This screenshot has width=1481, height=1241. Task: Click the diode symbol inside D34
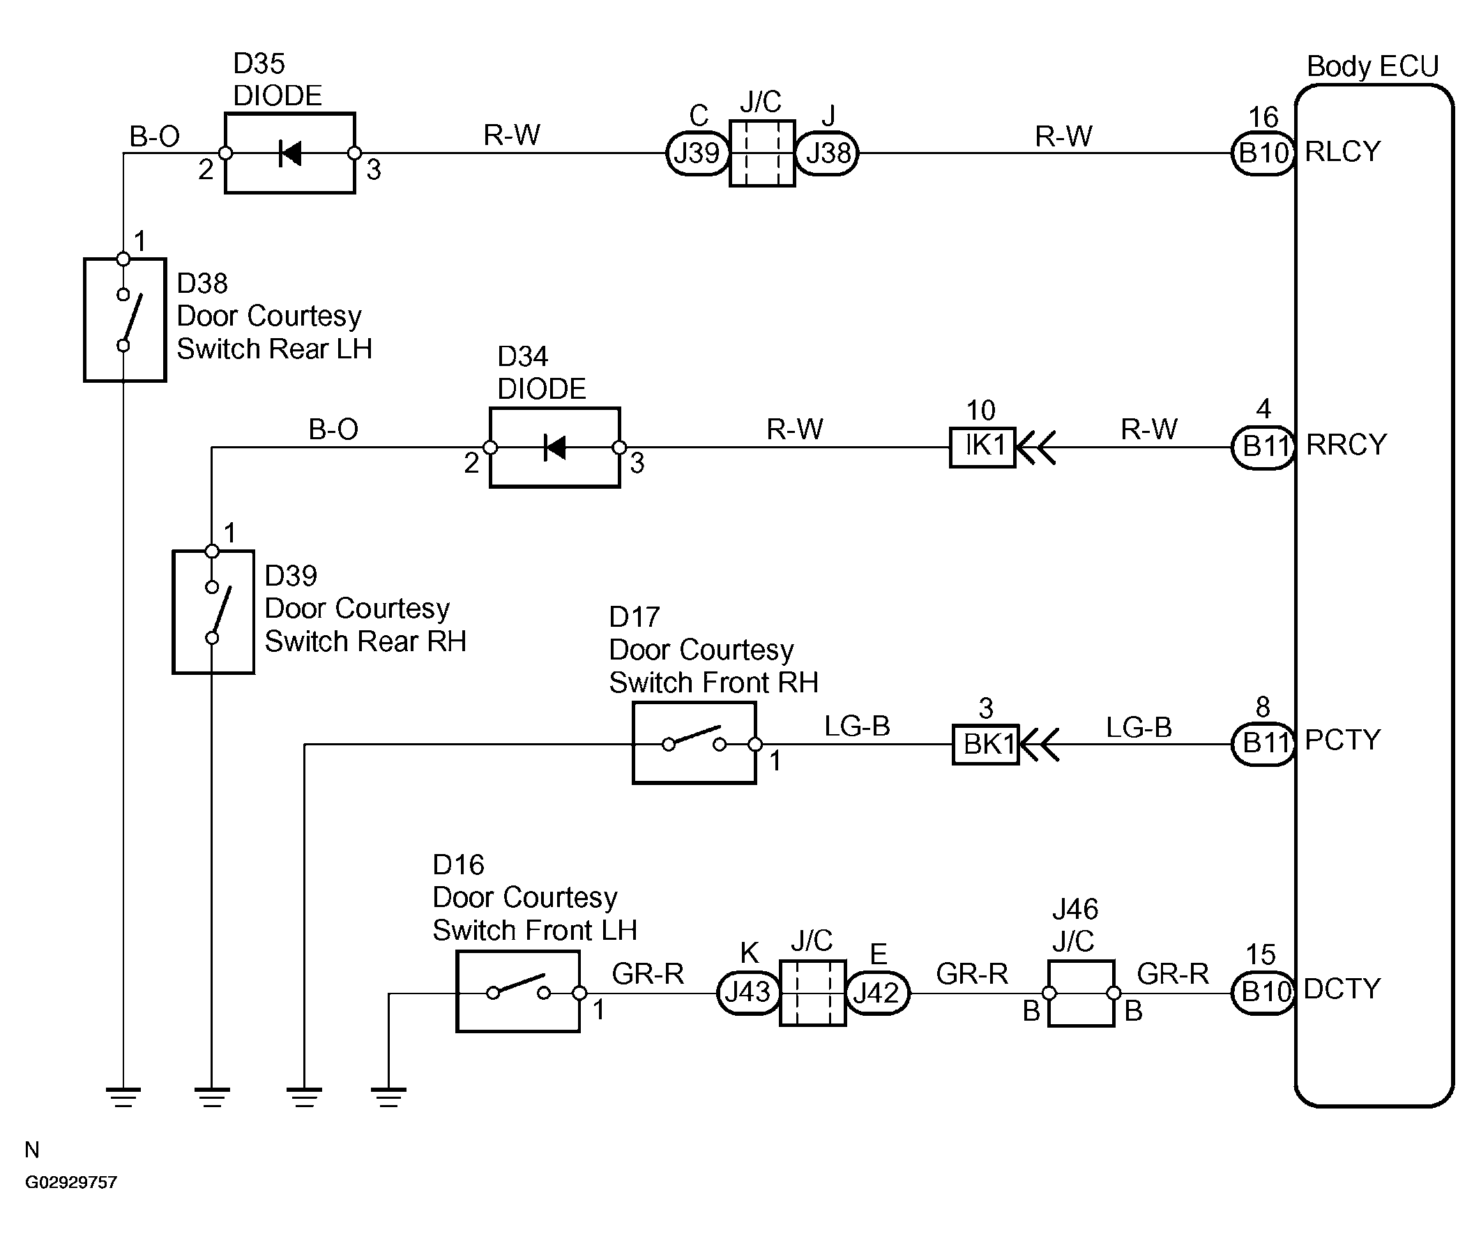coord(555,447)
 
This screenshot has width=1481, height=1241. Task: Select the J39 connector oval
coord(697,153)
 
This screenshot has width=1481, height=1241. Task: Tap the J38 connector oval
coord(827,153)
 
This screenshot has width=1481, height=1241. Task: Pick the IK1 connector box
coord(982,447)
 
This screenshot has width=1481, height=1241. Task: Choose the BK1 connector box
coord(986,744)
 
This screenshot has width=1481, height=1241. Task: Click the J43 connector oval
coord(748,993)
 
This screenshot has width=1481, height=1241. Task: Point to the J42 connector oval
coord(877,993)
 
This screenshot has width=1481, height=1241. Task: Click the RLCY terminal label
coord(1343,151)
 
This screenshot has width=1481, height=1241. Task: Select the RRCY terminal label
coord(1346,445)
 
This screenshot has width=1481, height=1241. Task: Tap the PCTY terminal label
coord(1343,740)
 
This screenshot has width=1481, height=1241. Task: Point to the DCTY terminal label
coord(1342,989)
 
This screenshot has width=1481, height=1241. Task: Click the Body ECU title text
coord(1372,66)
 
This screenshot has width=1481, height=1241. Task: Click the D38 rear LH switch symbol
coord(125,320)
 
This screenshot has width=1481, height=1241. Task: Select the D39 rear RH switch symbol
coord(213,612)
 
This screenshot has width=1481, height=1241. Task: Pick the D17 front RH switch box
coord(694,743)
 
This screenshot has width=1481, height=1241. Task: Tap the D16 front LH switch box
coord(518,991)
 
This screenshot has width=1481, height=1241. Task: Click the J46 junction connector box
coord(1081,993)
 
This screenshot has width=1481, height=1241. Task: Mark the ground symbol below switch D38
coord(123,1098)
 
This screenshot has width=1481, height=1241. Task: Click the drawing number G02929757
coord(71,1182)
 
